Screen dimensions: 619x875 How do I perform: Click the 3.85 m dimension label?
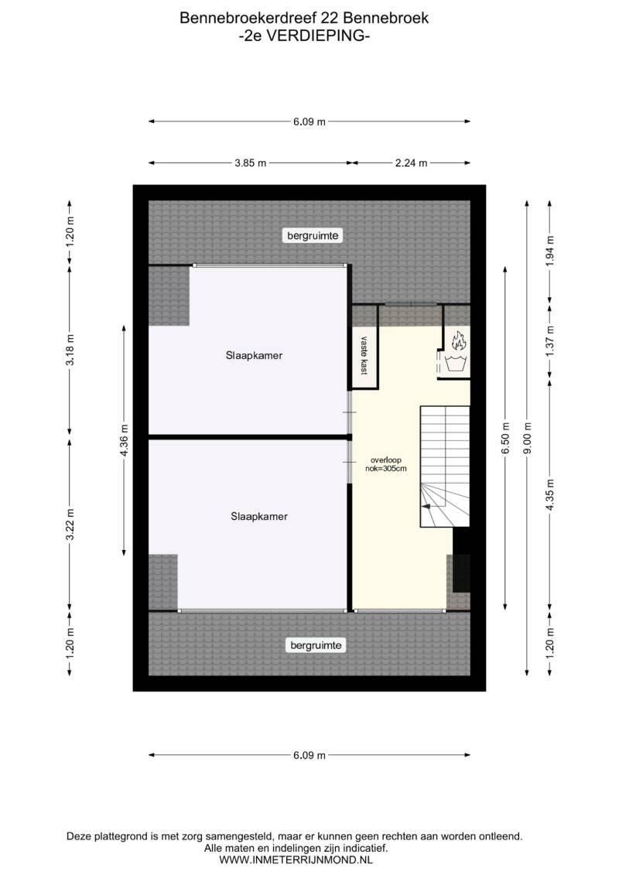coord(250,163)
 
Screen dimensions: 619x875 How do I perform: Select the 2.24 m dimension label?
coord(412,163)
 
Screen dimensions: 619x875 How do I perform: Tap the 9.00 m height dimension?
coord(528,438)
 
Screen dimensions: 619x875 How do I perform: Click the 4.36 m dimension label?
coord(124,440)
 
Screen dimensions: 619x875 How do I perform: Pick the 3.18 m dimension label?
coord(70,350)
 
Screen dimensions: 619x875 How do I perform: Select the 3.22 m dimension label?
coord(70,525)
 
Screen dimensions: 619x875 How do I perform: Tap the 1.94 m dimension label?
coord(550,251)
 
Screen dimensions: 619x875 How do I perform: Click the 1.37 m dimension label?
coord(550,341)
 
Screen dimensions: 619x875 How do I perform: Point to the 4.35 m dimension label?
coord(550,495)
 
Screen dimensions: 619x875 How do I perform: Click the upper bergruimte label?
coord(313,235)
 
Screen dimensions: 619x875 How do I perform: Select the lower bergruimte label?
coord(316,645)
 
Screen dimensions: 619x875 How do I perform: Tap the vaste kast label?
coord(364,355)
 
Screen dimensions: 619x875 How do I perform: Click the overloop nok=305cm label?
coord(385,464)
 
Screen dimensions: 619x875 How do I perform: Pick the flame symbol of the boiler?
coord(458,340)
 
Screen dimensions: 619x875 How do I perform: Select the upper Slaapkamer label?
coord(254,355)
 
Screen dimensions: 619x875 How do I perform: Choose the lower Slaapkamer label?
coord(259,517)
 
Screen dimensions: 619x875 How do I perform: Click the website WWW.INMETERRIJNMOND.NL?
coord(296,860)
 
